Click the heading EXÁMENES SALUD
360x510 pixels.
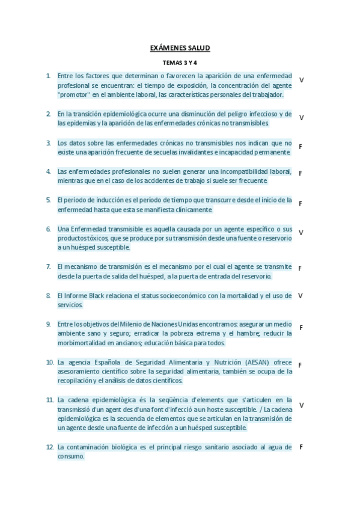(x=180, y=48)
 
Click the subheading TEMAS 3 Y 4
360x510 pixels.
(x=180, y=63)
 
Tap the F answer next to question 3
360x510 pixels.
(x=300, y=147)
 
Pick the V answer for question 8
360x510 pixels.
(x=300, y=296)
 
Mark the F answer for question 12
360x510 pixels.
(x=301, y=447)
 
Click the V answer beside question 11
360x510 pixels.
(x=301, y=405)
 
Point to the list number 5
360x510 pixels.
(x=48, y=200)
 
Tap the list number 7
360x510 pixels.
(x=48, y=266)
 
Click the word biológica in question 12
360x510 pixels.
(x=126, y=447)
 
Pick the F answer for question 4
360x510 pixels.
(x=300, y=173)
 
